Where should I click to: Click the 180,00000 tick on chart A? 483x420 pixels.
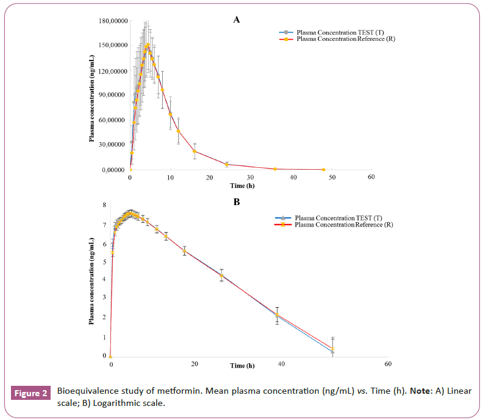111,21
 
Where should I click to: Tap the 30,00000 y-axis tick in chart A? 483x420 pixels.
112,144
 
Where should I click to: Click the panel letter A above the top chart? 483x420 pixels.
237,20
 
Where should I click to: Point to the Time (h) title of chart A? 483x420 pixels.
242,185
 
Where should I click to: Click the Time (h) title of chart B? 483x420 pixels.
242,366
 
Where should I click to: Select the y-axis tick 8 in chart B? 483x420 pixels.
104,205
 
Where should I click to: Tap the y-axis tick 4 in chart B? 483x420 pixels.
104,280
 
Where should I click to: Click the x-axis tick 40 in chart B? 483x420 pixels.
281,364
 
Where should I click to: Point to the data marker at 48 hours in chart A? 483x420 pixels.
323,169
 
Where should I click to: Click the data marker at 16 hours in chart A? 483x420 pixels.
195,151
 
